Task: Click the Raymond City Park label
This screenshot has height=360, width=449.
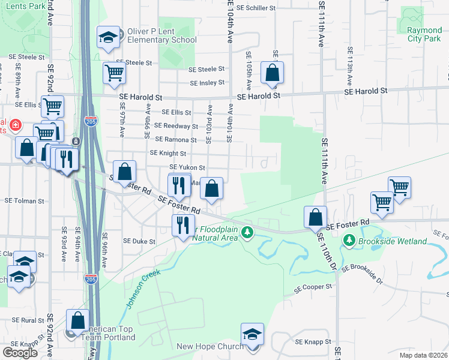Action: [x=424, y=34]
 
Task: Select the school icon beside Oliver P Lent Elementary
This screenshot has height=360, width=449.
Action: [x=108, y=37]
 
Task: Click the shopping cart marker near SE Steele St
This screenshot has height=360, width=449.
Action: [x=114, y=73]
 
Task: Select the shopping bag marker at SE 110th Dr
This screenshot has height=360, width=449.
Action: [x=315, y=217]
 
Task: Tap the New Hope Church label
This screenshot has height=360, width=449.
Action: [x=210, y=346]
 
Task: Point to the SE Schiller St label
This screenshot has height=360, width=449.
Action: [x=256, y=8]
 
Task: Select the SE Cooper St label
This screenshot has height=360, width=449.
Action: [x=313, y=287]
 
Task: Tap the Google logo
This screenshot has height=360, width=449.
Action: [x=20, y=352]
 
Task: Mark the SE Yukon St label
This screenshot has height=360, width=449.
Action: [x=187, y=167]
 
